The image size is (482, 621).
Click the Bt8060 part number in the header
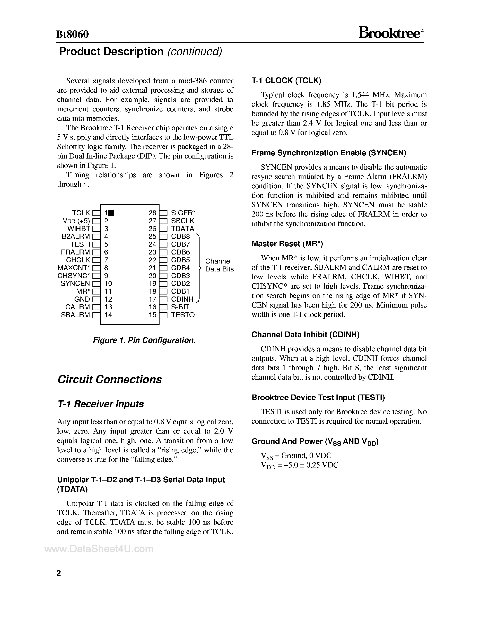tap(73, 34)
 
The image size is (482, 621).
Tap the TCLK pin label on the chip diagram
tap(81, 213)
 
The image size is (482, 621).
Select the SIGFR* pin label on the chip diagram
tap(183, 213)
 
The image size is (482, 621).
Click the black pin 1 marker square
tap(112, 213)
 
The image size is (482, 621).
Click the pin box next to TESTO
tap(163, 315)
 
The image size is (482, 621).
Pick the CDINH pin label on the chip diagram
tap(182, 299)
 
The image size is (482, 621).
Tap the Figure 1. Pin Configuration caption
tap(144, 340)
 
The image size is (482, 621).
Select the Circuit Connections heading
tap(110, 380)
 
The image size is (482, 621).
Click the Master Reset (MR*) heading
tap(287, 244)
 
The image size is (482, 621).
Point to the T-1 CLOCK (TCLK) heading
tap(286, 81)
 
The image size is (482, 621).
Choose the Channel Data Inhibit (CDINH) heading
tap(306, 335)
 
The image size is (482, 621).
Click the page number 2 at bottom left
tap(59, 573)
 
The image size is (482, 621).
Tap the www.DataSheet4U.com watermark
tap(99, 549)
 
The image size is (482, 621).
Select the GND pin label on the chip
tap(82, 299)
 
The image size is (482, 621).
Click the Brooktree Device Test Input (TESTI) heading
tap(318, 397)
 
